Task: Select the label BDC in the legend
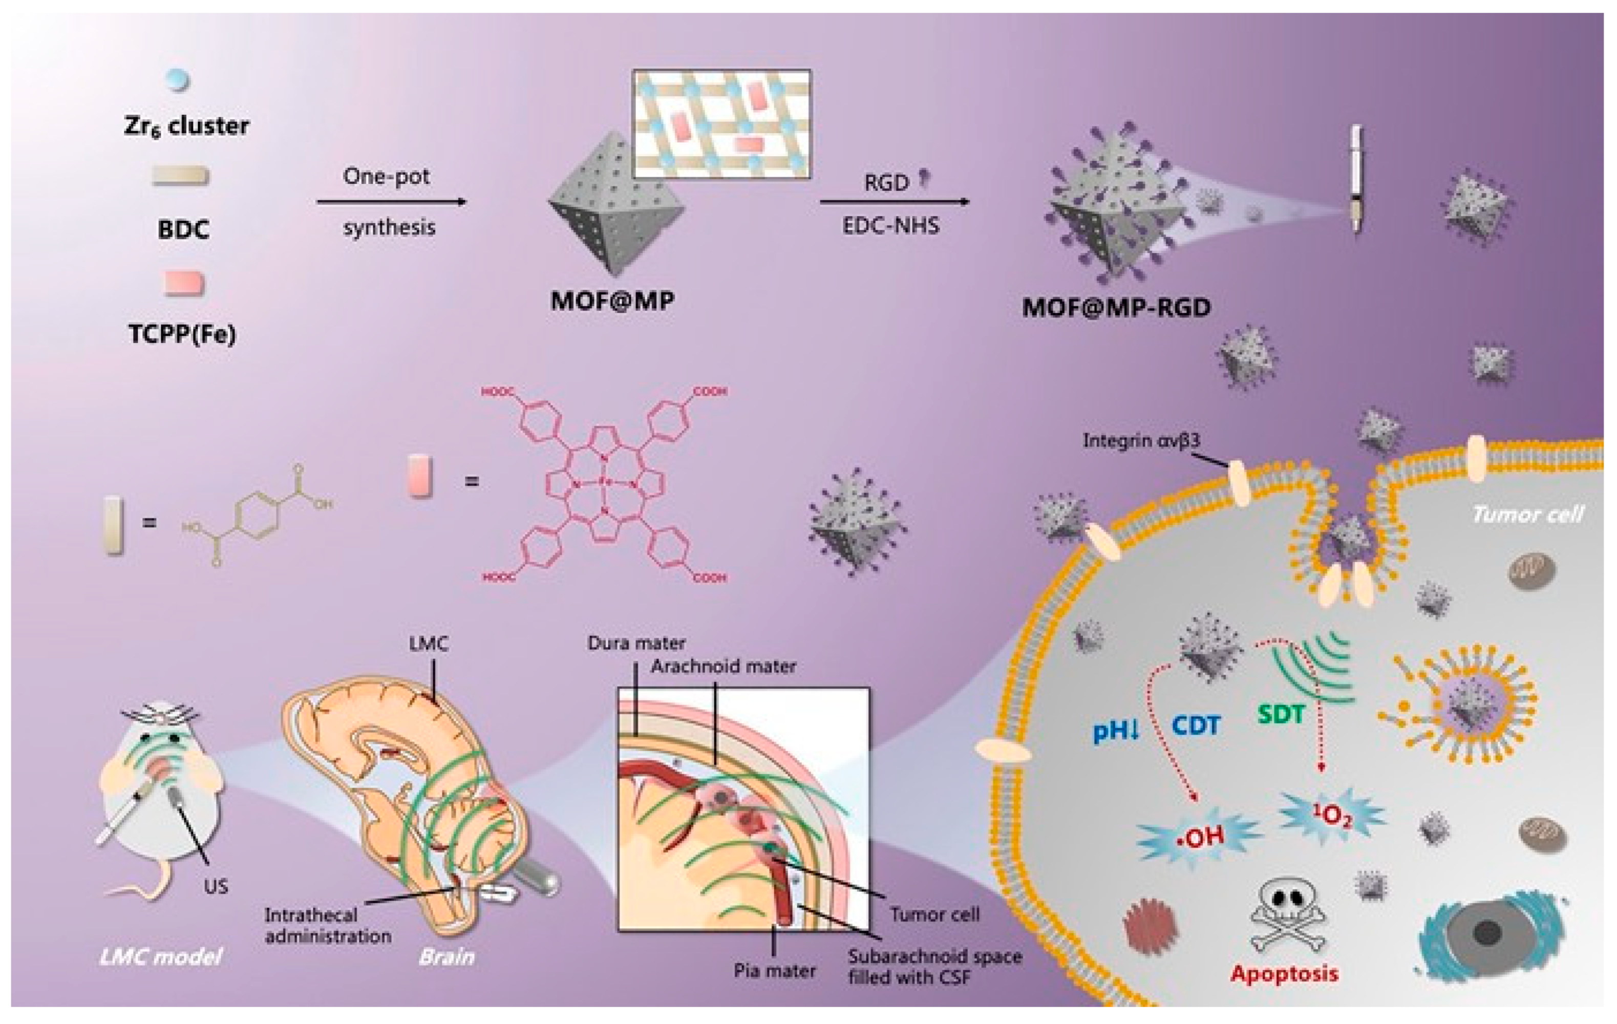[x=183, y=230]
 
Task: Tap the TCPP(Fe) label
[x=182, y=334]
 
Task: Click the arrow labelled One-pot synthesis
[x=392, y=201]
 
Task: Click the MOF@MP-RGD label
[x=1116, y=308]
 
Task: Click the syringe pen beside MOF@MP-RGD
[x=1356, y=179]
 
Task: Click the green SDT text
[x=1281, y=714]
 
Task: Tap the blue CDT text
[x=1195, y=726]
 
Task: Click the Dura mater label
[x=636, y=643]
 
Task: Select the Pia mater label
[x=774, y=970]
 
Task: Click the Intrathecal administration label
[x=328, y=925]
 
